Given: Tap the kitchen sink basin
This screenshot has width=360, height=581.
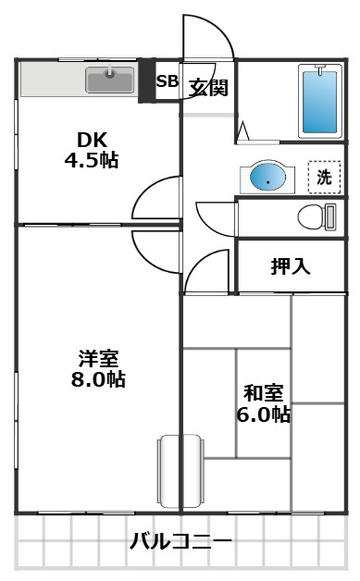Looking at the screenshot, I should [x=110, y=80].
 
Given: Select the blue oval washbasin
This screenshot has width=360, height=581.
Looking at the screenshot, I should [x=267, y=178].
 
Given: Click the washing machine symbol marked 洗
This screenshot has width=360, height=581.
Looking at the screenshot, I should [x=323, y=178].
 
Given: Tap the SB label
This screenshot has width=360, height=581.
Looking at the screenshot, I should [x=167, y=81].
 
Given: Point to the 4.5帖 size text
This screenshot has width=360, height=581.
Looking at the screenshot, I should [x=91, y=159].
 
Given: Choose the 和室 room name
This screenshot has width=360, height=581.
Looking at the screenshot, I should [x=263, y=392].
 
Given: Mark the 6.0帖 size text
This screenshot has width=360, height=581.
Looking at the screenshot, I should [x=263, y=414].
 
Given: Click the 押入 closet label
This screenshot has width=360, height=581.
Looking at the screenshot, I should [x=291, y=267].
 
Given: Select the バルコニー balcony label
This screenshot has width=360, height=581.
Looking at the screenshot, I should [x=180, y=540].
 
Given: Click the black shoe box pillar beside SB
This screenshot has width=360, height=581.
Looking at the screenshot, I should [x=145, y=81].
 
